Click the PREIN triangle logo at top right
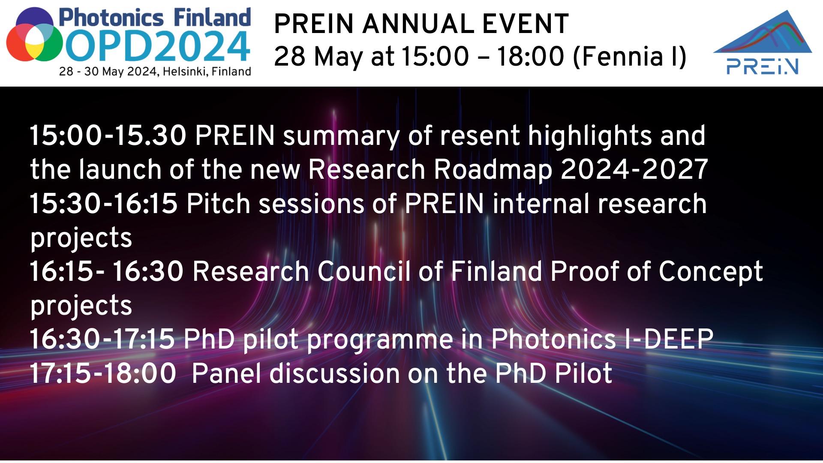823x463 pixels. tap(763, 43)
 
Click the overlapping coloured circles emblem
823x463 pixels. tap(34, 35)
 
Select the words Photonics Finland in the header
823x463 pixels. tap(154, 18)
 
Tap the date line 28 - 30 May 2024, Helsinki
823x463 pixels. tap(155, 71)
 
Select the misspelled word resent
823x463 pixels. tap(480, 135)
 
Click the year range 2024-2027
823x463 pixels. tap(634, 169)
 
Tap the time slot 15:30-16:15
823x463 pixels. tap(103, 203)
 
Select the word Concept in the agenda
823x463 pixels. tap(711, 271)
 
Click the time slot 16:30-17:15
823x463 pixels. tap(102, 339)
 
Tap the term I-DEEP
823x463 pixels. tap(669, 339)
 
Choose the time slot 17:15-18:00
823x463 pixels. tap(103, 373)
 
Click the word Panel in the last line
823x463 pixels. tap(226, 373)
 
